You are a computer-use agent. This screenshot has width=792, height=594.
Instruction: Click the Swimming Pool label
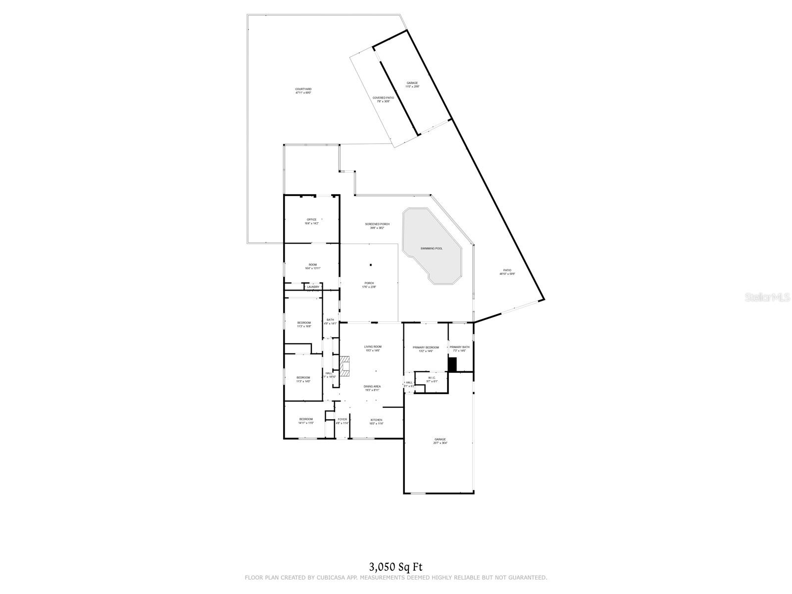432,248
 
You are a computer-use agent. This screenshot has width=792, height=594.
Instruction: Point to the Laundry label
313,287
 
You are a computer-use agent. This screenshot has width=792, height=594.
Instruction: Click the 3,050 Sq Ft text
396,566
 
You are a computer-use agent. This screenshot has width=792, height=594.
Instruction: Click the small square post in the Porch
370,264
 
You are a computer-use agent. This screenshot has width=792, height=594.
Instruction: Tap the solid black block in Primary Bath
452,364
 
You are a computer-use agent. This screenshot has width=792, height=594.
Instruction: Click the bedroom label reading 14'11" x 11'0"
306,421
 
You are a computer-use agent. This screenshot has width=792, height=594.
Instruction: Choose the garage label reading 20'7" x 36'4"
440,441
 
